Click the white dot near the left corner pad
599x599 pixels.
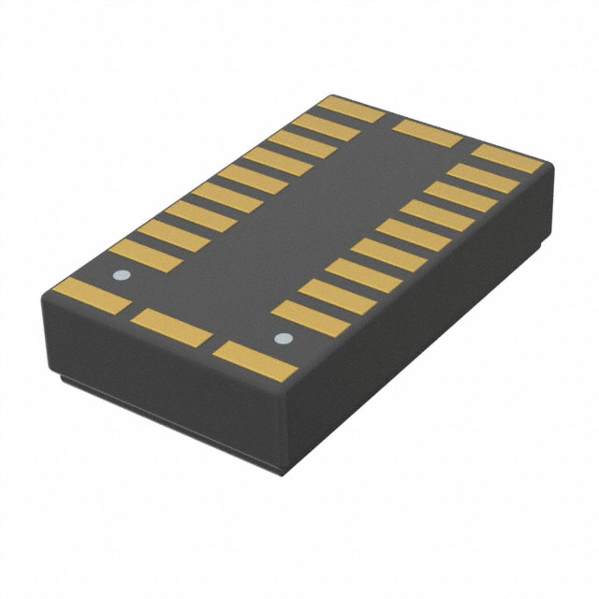click(x=119, y=276)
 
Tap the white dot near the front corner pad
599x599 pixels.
click(x=278, y=338)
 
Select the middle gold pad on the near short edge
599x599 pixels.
click(x=171, y=328)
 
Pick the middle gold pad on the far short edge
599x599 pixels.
click(x=426, y=133)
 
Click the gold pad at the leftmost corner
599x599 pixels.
click(x=91, y=296)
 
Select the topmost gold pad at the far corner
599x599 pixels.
click(x=352, y=109)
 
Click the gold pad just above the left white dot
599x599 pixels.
click(x=144, y=256)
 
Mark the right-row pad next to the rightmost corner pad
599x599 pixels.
click(x=484, y=178)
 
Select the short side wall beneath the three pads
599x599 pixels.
click(x=159, y=365)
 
